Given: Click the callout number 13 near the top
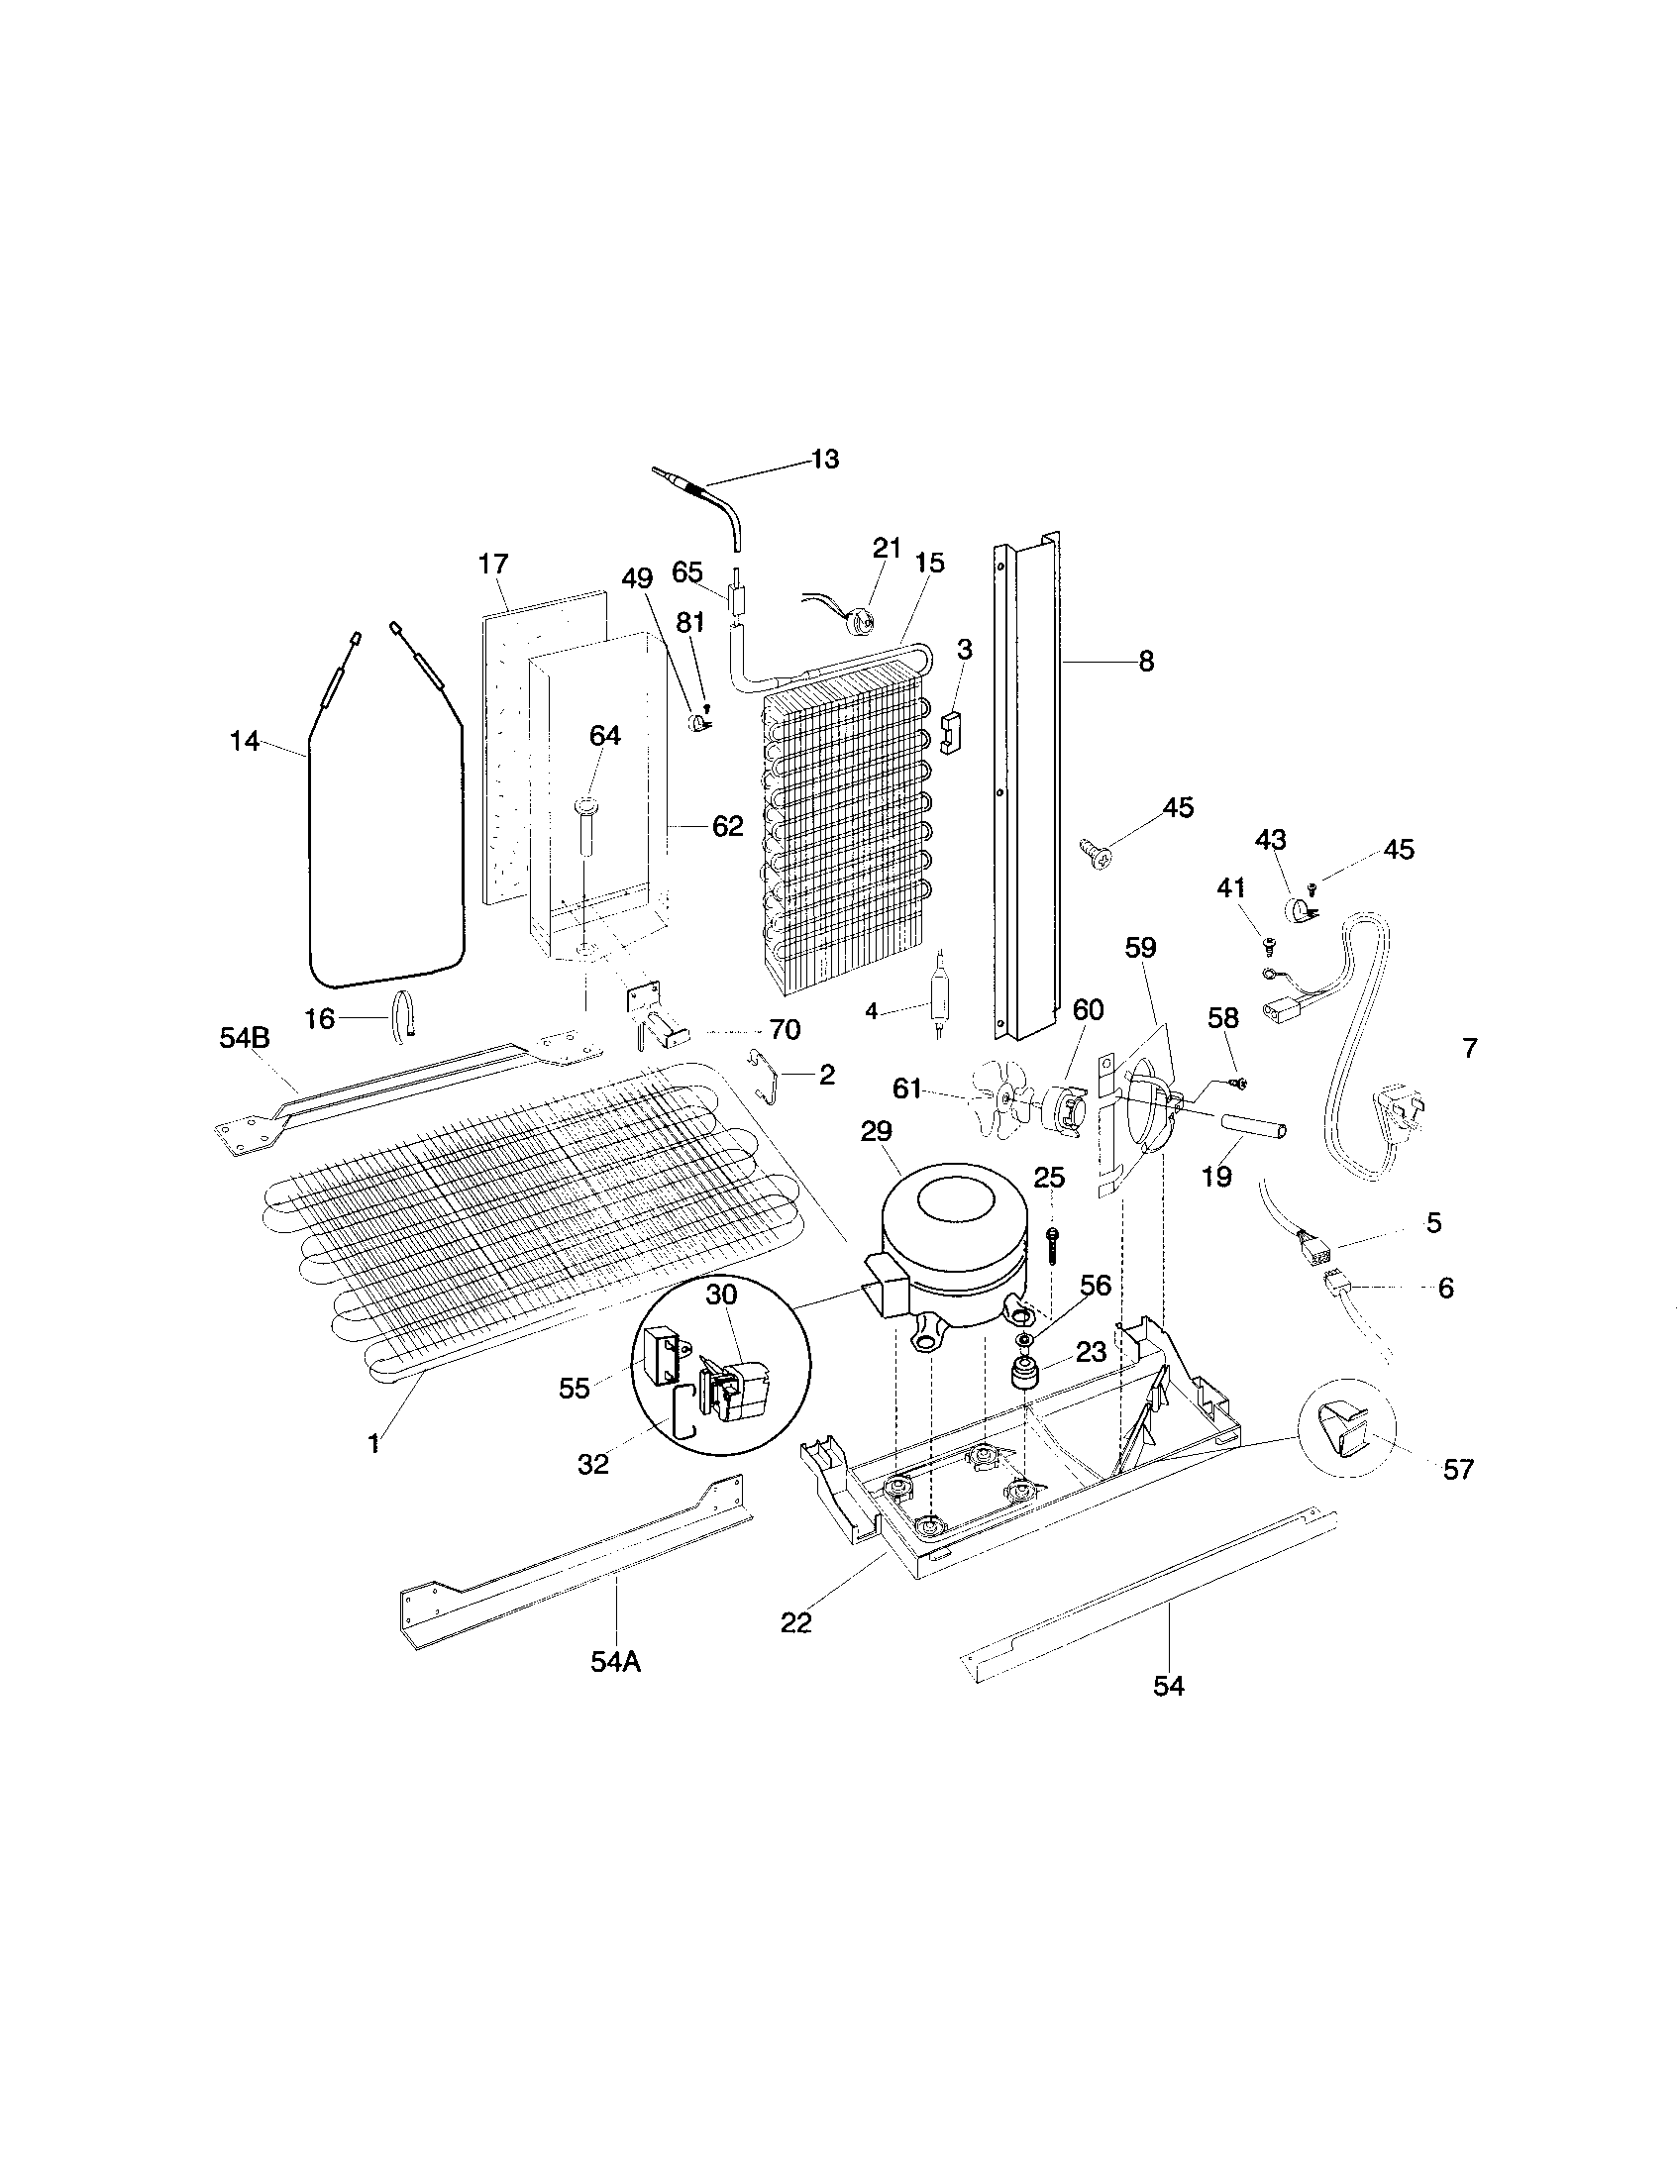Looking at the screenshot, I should pos(825,460).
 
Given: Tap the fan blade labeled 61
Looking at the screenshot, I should pos(1003,1097).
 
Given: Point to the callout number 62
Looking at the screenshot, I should pos(728,826).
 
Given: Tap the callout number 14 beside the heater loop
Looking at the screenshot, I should pos(245,741).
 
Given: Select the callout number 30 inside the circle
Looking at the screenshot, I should pos(721,1295).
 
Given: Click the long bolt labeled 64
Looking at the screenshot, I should pos(586,828).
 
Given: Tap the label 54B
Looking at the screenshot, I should pos(245,1039).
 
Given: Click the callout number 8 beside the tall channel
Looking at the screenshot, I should pos(1146,661).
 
